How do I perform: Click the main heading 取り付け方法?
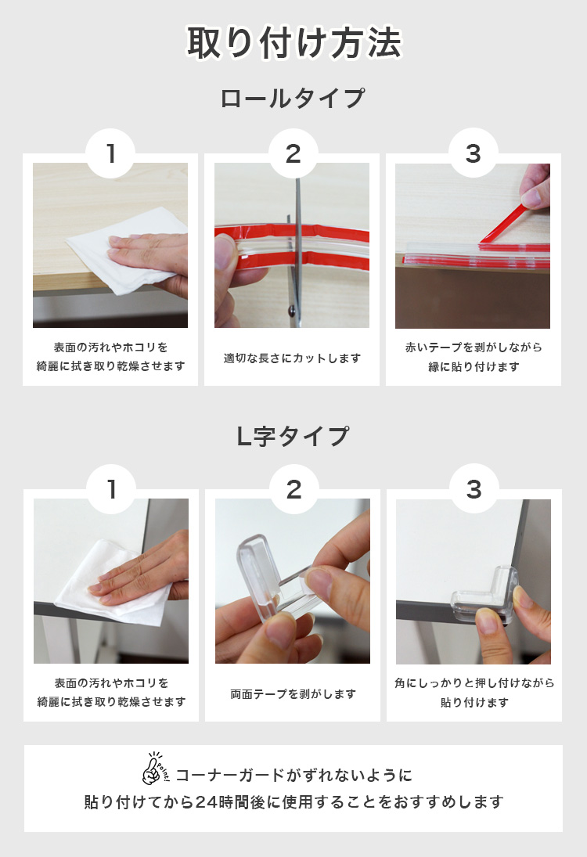click(294, 42)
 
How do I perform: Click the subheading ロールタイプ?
click(293, 99)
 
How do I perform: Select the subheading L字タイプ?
click(293, 436)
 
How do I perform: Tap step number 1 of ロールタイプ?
click(111, 153)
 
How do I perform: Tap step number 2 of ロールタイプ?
click(293, 153)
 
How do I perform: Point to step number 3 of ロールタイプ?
click(474, 153)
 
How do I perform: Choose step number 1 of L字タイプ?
click(111, 489)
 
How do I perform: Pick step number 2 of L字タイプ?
click(294, 489)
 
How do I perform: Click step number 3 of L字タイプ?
click(474, 489)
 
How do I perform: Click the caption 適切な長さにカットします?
click(293, 358)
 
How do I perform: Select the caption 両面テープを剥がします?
click(293, 694)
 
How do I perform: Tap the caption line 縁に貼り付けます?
click(474, 367)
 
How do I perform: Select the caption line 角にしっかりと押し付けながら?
click(474, 683)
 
